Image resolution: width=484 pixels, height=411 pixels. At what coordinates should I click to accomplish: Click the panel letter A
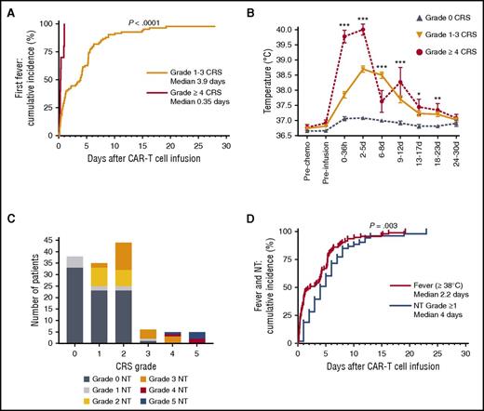click(7, 8)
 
